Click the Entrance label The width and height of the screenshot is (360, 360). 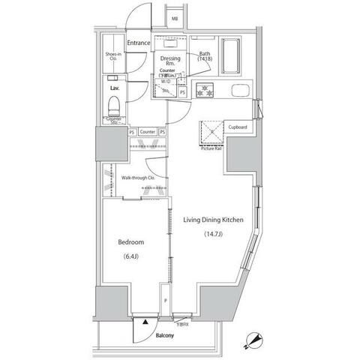[x=139, y=43]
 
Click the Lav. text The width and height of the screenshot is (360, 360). [x=115, y=88]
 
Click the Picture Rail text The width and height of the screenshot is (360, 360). [x=211, y=148]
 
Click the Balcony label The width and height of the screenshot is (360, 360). [x=163, y=335]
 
